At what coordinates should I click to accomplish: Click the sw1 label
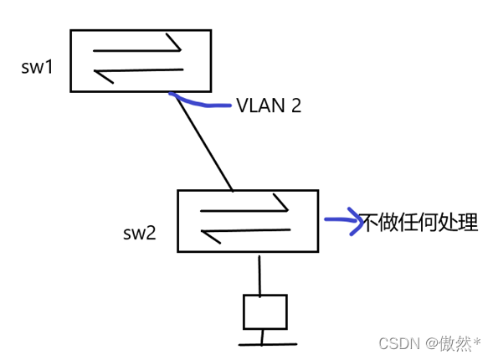[x=37, y=66]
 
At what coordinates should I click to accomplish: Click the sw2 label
[x=140, y=233]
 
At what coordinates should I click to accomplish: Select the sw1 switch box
[x=140, y=60]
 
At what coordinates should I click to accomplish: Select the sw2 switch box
[x=247, y=220]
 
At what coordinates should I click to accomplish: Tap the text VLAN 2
[x=268, y=106]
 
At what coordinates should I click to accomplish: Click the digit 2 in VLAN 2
[x=295, y=106]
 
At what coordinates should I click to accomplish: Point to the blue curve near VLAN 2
[x=201, y=104]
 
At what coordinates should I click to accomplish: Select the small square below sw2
[x=264, y=311]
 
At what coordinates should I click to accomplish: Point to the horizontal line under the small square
[x=267, y=343]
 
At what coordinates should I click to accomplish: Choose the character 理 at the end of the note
[x=467, y=223]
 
